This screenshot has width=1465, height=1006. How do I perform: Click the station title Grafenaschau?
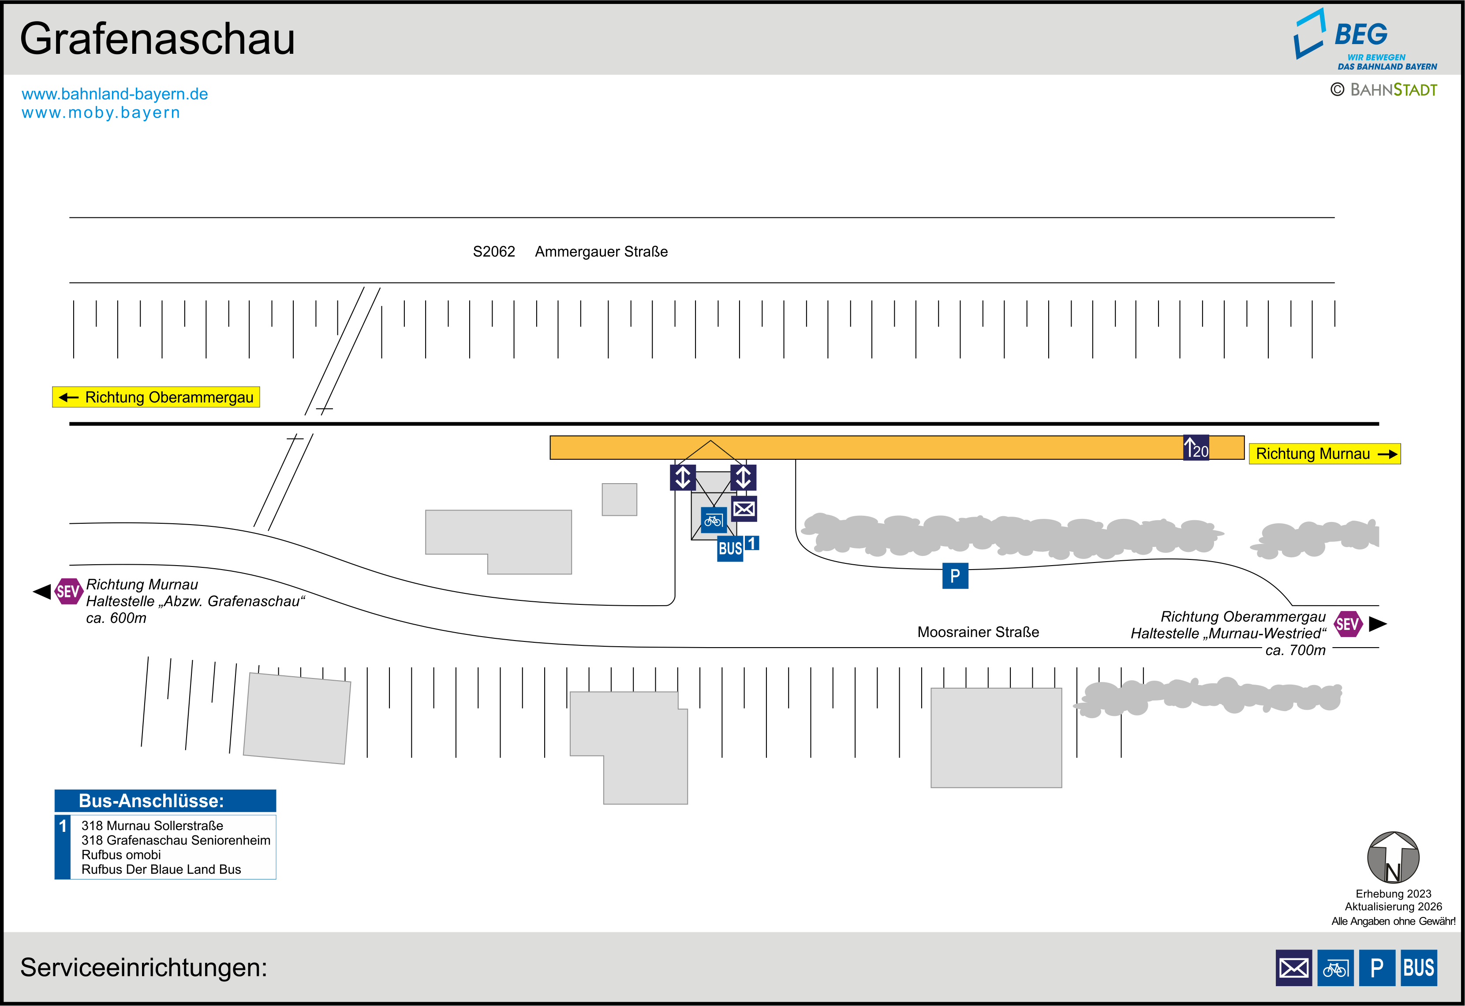(x=157, y=39)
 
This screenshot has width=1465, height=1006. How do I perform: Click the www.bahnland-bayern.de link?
(x=115, y=94)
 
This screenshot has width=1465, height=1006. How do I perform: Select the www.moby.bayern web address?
(x=101, y=113)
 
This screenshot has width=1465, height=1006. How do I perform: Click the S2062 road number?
(x=493, y=251)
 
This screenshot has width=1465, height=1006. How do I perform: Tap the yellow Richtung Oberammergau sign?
(x=156, y=397)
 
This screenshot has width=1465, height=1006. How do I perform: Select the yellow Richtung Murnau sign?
(x=1324, y=454)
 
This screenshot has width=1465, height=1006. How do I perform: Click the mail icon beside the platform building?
(x=744, y=509)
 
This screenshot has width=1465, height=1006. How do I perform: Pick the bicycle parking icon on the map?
(x=713, y=521)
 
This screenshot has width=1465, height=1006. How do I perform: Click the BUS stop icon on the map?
(x=730, y=548)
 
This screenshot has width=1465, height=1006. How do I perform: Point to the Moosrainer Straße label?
(x=978, y=632)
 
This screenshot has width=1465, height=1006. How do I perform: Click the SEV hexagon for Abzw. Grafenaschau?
(x=68, y=591)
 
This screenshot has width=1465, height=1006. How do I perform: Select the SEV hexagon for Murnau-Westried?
(x=1347, y=624)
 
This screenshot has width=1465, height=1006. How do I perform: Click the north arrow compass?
(x=1393, y=857)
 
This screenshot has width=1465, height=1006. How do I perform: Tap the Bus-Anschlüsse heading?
(x=151, y=801)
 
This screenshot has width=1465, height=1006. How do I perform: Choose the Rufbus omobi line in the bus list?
(x=121, y=855)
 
